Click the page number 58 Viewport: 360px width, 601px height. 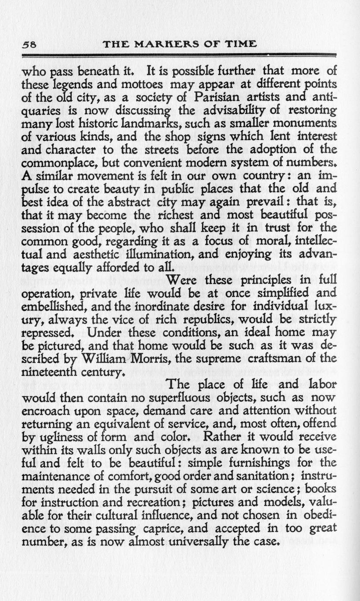point(28,44)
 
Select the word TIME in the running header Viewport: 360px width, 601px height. point(241,44)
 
